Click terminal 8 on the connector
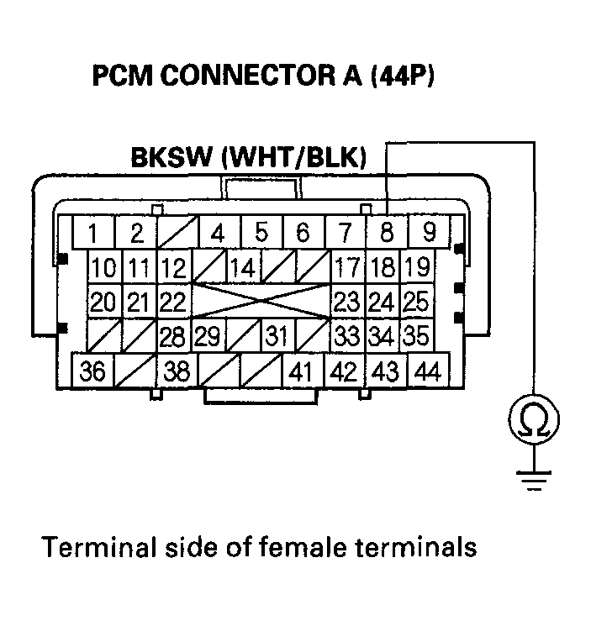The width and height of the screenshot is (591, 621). [386, 232]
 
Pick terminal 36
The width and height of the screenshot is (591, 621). [94, 371]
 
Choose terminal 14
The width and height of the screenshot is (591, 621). [243, 269]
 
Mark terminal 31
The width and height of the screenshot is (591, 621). [277, 336]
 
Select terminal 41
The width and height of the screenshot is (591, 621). [303, 371]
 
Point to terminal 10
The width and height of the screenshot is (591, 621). [105, 269]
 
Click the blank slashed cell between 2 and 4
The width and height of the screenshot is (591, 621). [177, 232]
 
